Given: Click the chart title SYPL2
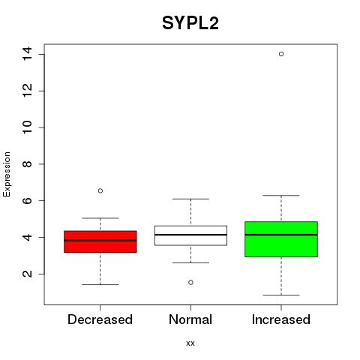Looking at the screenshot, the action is [x=190, y=23].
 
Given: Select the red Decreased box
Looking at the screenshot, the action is [x=100, y=241].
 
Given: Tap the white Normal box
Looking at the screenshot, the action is [x=190, y=235].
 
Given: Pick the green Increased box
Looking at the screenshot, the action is [x=281, y=239].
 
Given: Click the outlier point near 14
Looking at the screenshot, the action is [x=281, y=54].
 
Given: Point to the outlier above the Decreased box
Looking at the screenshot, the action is [x=100, y=191].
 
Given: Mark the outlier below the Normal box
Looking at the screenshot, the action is [x=190, y=283].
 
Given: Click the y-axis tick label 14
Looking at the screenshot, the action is [x=28, y=54].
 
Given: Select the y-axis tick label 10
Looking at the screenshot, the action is [x=28, y=127].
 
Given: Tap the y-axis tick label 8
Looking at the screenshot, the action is [x=28, y=164].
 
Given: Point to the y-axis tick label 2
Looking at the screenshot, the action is [x=28, y=274].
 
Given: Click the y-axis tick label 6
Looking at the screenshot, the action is [x=28, y=200].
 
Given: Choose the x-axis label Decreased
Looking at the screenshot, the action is [x=100, y=319].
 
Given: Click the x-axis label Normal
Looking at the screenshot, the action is [x=190, y=319].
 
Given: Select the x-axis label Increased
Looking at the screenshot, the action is [x=281, y=319].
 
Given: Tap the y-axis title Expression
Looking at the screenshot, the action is [x=7, y=174].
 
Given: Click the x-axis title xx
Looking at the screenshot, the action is [x=190, y=343].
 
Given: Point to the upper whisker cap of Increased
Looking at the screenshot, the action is [x=281, y=196].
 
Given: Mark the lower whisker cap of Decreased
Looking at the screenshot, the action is [x=100, y=284].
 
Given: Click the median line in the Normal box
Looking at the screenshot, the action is [x=190, y=235].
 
